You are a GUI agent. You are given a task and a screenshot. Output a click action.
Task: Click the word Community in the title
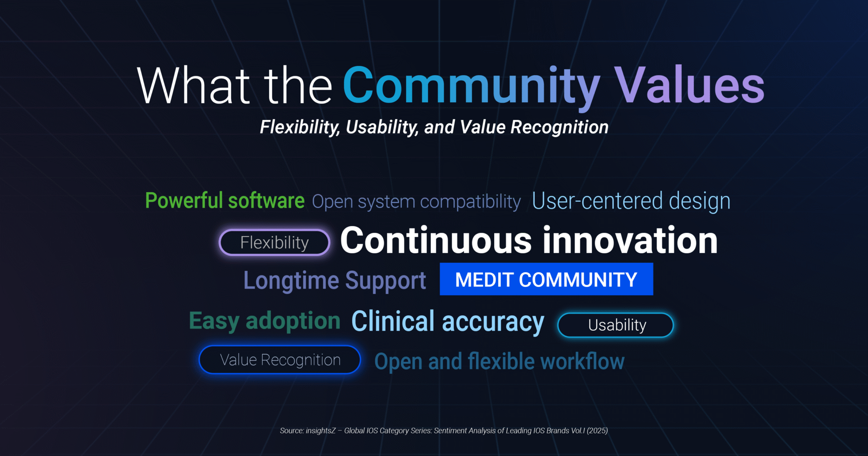tap(472, 86)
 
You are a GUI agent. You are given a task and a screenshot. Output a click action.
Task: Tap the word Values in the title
tap(689, 85)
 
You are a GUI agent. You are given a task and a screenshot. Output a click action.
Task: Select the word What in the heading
tap(193, 85)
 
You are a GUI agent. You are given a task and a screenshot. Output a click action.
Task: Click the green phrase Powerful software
tap(225, 200)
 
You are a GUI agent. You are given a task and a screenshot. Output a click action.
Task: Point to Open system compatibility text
tap(416, 202)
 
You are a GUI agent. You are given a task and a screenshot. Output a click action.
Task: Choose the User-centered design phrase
tap(631, 201)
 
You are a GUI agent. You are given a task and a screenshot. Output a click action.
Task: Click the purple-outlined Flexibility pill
tap(274, 242)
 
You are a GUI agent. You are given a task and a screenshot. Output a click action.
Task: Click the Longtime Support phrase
tap(335, 280)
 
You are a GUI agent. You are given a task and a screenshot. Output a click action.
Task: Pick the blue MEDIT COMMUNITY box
tap(547, 279)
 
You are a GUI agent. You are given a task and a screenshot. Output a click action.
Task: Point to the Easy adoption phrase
tap(264, 321)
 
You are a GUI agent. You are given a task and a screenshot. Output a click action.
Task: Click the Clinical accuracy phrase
tap(448, 322)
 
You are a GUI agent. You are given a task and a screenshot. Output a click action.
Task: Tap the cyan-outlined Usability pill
tap(616, 325)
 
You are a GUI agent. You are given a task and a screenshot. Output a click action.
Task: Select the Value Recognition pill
tap(280, 360)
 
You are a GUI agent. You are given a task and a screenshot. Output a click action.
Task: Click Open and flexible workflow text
tap(500, 362)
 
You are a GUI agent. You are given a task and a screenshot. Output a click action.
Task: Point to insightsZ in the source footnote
tap(321, 431)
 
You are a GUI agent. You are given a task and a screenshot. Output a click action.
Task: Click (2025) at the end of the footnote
tap(597, 431)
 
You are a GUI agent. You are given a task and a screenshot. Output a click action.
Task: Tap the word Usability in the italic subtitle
tap(382, 128)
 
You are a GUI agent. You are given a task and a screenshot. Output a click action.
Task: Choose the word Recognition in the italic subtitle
tap(560, 128)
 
